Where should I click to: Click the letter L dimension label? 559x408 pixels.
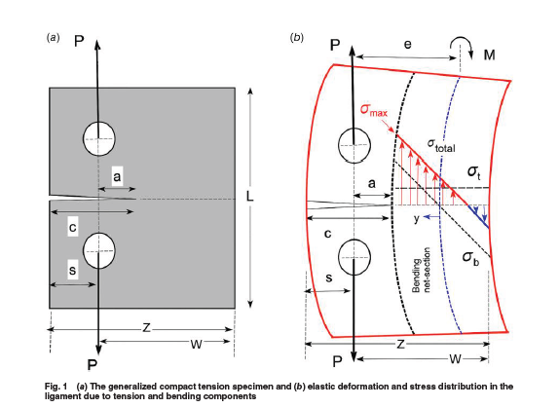click(251, 198)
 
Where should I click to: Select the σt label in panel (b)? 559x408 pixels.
click(473, 171)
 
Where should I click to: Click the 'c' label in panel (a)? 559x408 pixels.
click(72, 229)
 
